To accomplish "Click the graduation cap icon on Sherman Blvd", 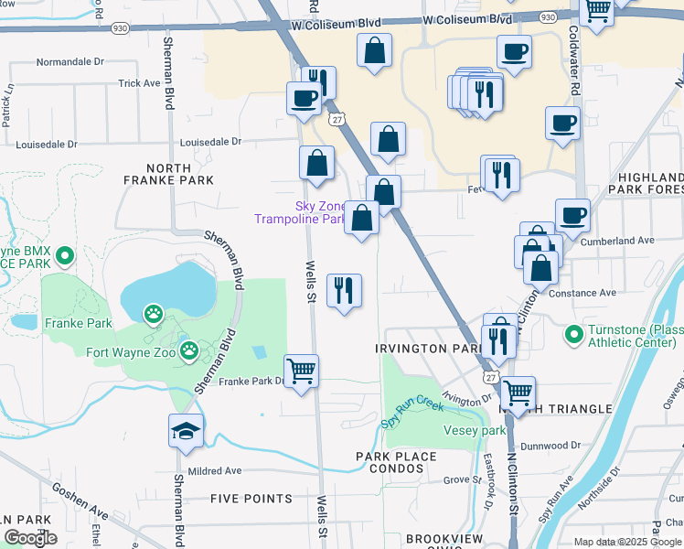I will (186, 431).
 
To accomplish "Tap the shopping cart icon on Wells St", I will (301, 371).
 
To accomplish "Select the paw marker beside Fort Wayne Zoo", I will (188, 350).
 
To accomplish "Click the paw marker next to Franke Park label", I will (152, 315).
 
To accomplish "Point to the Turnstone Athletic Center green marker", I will (573, 334).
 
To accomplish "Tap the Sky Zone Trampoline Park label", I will (302, 212).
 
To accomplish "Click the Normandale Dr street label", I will (70, 63).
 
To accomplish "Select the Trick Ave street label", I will (139, 83).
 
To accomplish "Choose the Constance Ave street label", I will (583, 293).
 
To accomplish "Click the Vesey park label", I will (474, 430).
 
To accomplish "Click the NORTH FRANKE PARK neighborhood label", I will (168, 174).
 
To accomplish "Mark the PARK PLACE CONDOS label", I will (399, 463).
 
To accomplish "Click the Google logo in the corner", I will (31, 538).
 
